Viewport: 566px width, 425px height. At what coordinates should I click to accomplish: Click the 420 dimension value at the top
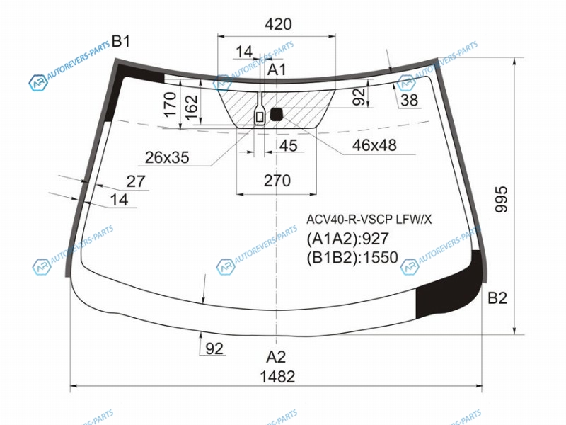pos(278,24)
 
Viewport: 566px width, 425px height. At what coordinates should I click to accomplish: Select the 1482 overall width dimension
pos(277,377)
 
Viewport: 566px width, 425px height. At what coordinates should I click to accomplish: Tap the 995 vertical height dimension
pos(501,199)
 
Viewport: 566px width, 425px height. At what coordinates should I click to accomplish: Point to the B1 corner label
pos(120,41)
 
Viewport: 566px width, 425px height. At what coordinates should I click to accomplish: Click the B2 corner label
pos(497,298)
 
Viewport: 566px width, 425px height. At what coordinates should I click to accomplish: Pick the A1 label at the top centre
pos(277,69)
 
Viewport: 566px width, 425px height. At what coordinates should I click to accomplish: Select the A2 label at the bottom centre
pos(276,357)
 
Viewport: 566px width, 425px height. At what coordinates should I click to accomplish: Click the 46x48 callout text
pos(374,145)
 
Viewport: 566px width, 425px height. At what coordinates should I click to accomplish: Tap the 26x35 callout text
pos(167,157)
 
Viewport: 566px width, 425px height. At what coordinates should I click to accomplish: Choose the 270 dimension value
pos(277,181)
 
